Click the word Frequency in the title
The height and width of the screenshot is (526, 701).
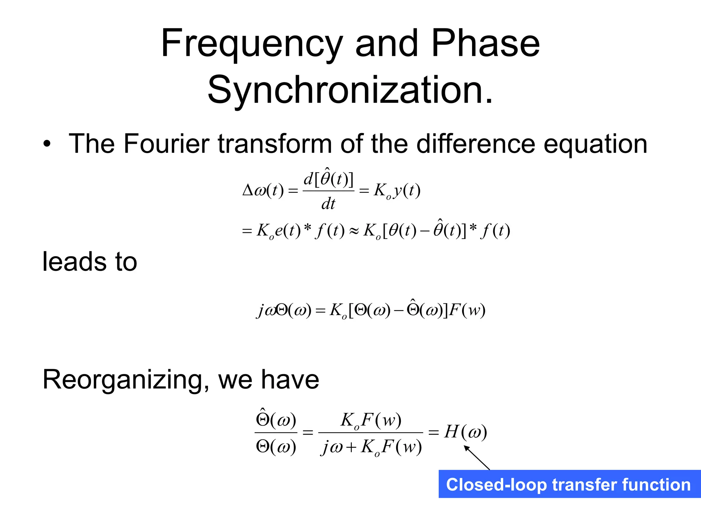[252, 45]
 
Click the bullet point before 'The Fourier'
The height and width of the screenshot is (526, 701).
[47, 144]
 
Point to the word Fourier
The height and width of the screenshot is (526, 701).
[166, 144]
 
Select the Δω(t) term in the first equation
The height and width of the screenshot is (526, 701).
[263, 190]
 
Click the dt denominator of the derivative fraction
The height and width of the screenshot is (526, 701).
[328, 204]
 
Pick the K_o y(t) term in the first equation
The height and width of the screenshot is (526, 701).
[397, 190]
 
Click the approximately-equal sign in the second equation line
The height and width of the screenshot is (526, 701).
[354, 231]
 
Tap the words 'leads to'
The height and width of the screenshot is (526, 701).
[90, 262]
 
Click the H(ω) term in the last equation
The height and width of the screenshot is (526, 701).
[466, 432]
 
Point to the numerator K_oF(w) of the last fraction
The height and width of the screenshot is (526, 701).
[371, 420]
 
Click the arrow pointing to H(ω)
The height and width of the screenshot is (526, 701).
[477, 458]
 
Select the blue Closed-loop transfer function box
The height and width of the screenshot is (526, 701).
[569, 484]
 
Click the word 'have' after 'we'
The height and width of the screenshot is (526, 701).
[290, 380]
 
